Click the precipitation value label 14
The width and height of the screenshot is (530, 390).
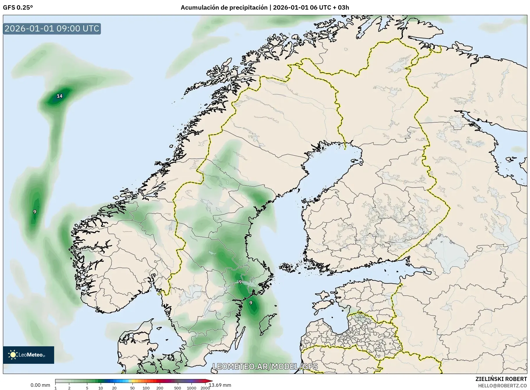click(x=59, y=96)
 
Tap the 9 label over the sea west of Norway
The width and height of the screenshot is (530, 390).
click(x=35, y=212)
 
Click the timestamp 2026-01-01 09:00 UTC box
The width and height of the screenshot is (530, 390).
click(x=52, y=29)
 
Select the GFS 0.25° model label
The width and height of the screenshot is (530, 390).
click(x=18, y=8)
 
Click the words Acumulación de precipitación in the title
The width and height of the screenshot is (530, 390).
click(x=224, y=8)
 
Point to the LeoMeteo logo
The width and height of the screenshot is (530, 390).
click(x=29, y=355)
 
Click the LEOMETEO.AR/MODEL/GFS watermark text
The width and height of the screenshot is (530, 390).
click(x=265, y=366)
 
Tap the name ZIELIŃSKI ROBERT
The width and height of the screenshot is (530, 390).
click(x=501, y=379)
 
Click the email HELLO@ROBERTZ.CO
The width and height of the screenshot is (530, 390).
click(x=502, y=386)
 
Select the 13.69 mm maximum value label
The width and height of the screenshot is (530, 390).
click(x=220, y=385)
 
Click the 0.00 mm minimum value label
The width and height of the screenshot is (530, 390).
click(x=40, y=385)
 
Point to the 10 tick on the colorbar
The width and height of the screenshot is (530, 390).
click(x=100, y=388)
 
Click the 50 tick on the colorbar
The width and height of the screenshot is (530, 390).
click(x=132, y=388)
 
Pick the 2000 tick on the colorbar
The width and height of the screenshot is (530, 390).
click(x=205, y=388)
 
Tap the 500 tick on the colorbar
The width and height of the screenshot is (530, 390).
click(x=177, y=388)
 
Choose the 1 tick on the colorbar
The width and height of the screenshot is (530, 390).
click(x=56, y=388)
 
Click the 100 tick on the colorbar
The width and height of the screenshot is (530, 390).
click(x=146, y=388)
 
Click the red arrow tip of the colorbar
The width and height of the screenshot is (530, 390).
click(x=210, y=381)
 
